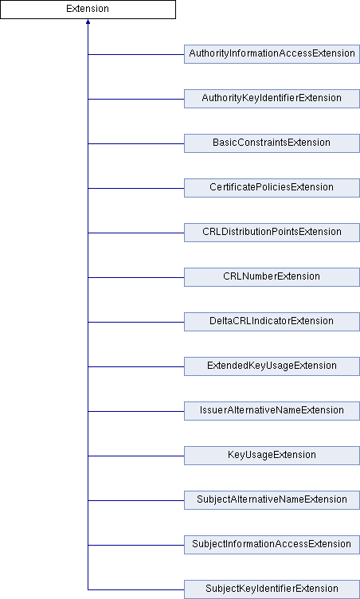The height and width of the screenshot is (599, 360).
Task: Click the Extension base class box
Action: click(88, 10)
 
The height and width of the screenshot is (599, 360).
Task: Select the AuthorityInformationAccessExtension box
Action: click(272, 54)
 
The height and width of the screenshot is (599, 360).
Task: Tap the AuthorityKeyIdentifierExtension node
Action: click(272, 99)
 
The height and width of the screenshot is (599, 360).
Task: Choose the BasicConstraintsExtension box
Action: click(272, 143)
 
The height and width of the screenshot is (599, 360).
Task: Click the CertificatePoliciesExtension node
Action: click(272, 188)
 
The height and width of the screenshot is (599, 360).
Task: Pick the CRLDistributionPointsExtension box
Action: click(272, 233)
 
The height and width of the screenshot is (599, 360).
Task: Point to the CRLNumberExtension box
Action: click(272, 277)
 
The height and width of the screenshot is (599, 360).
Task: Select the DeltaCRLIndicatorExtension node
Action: click(272, 322)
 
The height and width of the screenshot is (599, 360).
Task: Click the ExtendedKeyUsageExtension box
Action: click(272, 366)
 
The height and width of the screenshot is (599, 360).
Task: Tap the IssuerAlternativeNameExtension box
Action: click(272, 411)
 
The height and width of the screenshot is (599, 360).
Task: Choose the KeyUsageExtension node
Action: click(272, 456)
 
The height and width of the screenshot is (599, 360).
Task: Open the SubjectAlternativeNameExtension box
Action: click(272, 500)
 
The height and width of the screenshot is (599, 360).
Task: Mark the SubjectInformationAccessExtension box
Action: click(272, 545)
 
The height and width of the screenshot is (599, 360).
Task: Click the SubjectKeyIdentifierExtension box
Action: click(272, 589)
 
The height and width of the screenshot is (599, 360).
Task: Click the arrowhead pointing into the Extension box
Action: click(88, 22)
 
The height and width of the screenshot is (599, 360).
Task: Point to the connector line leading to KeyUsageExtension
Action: click(136, 456)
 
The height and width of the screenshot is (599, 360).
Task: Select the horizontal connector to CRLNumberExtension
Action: click(136, 277)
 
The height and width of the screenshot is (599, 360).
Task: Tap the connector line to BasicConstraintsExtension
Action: click(136, 143)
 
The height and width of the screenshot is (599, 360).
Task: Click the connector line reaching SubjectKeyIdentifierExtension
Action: click(136, 589)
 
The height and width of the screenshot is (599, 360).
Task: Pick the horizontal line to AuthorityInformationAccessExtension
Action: click(136, 54)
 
